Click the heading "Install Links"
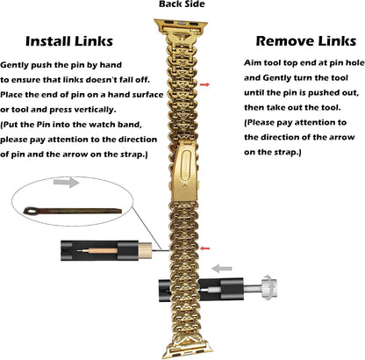pos(69,41)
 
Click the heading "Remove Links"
pos(306,41)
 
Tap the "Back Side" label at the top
pos(182,4)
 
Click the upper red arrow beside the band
pos(204,84)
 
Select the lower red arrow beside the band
pos(205,248)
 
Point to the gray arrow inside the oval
pos(66,183)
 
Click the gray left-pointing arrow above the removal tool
pos(222,269)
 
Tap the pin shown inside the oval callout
pos(73,211)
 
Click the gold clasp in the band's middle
pos(185,172)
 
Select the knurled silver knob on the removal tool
pos(269,289)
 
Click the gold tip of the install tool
pos(145,250)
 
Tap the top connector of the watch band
pos(181,25)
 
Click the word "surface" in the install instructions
pos(147,95)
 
